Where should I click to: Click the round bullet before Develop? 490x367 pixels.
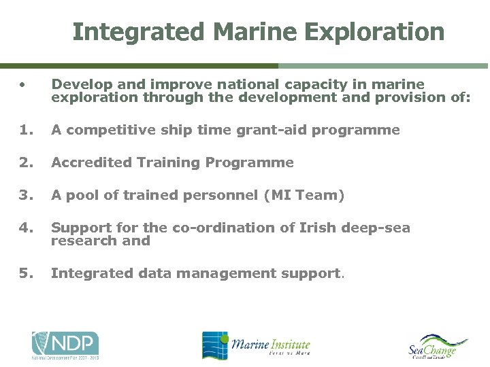22,85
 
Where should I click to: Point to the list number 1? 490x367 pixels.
24,130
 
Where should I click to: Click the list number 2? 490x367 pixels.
24,162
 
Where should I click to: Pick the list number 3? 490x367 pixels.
24,195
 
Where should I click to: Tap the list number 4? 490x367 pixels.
24,228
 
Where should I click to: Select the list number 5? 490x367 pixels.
24,273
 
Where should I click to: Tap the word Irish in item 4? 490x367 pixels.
318,228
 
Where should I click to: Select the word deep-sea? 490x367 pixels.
375,228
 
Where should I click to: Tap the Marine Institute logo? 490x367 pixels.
256,345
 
